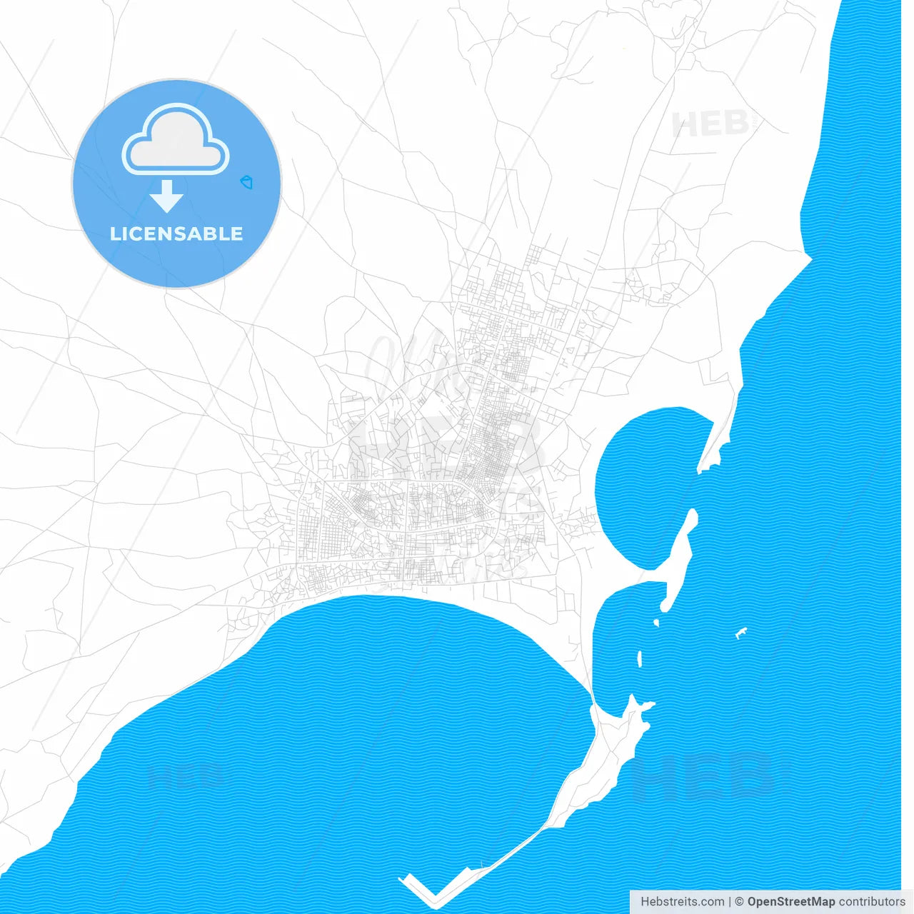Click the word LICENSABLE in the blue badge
point(176,233)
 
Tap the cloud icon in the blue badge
point(176,141)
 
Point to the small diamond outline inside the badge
point(247,183)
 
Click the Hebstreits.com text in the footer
point(683,902)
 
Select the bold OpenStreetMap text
point(790,902)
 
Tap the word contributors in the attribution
point(871,902)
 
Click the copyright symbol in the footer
point(740,902)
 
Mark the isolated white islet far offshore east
point(741,633)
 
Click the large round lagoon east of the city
point(643,478)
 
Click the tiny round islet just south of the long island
point(656,623)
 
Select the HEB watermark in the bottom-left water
point(184,775)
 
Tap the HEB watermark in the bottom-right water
point(703,775)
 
